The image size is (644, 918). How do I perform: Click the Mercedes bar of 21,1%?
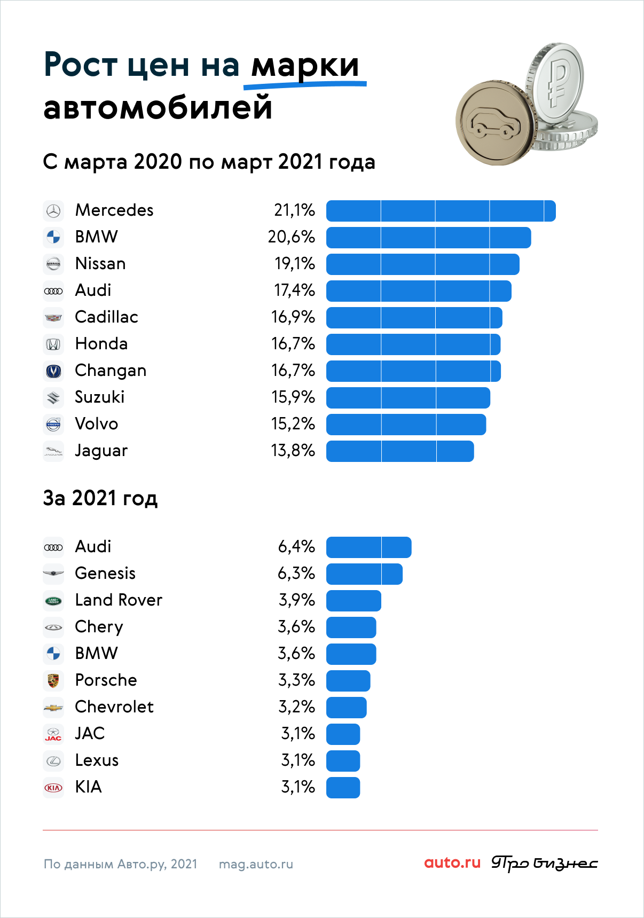[x=441, y=211]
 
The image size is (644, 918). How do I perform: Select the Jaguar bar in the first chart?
[x=400, y=451]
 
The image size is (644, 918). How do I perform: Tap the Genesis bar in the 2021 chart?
[x=364, y=574]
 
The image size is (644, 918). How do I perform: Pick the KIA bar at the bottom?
[x=343, y=788]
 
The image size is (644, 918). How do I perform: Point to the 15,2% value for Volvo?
[x=293, y=424]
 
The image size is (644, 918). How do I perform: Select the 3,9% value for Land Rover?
[x=296, y=600]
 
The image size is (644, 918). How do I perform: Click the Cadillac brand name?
[x=106, y=317]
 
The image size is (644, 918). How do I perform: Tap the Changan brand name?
[x=111, y=371]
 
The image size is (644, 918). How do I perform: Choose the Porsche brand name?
[x=106, y=680]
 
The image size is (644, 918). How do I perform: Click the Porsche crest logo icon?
[x=53, y=680]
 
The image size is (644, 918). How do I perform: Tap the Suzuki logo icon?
[x=53, y=398]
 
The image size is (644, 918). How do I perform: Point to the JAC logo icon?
[x=53, y=734]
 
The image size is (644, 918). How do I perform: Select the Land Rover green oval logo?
[x=53, y=601]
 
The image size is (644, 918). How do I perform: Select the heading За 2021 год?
[x=100, y=498]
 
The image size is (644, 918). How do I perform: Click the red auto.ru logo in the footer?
[x=452, y=862]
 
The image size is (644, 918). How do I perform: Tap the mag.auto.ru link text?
[x=256, y=864]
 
